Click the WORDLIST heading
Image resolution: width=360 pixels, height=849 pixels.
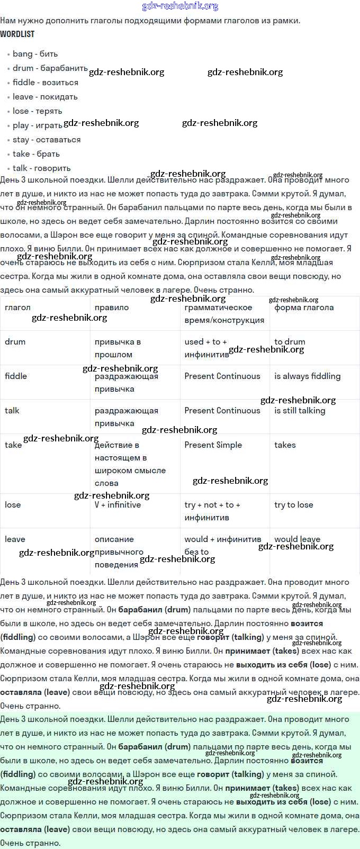click(17, 34)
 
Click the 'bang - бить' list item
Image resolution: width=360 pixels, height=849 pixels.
click(35, 54)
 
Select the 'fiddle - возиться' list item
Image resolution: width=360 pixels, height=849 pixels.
click(45, 83)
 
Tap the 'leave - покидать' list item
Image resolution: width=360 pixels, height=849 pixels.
click(45, 97)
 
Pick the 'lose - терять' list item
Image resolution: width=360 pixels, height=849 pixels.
click(37, 111)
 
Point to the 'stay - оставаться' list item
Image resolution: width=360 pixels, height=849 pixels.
click(47, 140)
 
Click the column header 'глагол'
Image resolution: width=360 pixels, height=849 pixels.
click(17, 308)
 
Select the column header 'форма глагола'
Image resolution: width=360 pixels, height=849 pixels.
click(304, 308)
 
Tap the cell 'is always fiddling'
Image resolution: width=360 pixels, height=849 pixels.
click(307, 376)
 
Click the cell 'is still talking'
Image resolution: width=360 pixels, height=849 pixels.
click(300, 411)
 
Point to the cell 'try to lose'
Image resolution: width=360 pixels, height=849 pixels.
click(293, 505)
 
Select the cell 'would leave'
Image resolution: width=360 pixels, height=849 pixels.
click(297, 539)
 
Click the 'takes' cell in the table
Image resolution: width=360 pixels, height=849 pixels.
click(285, 445)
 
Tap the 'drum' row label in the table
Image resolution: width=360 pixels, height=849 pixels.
click(15, 342)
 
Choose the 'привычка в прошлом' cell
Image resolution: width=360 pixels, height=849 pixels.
click(118, 348)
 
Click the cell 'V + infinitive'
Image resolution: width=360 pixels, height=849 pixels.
click(118, 505)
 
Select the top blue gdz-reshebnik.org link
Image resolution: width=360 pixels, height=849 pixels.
click(180, 6)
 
